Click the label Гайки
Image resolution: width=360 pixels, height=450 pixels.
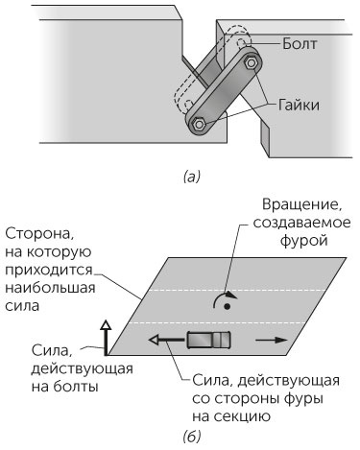tap(302, 103)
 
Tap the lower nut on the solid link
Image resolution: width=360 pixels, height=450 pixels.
tap(199, 124)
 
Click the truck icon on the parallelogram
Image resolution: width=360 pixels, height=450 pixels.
tap(208, 340)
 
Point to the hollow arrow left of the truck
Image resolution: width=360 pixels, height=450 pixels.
tap(165, 340)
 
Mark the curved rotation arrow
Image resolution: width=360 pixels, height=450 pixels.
tap(223, 298)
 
